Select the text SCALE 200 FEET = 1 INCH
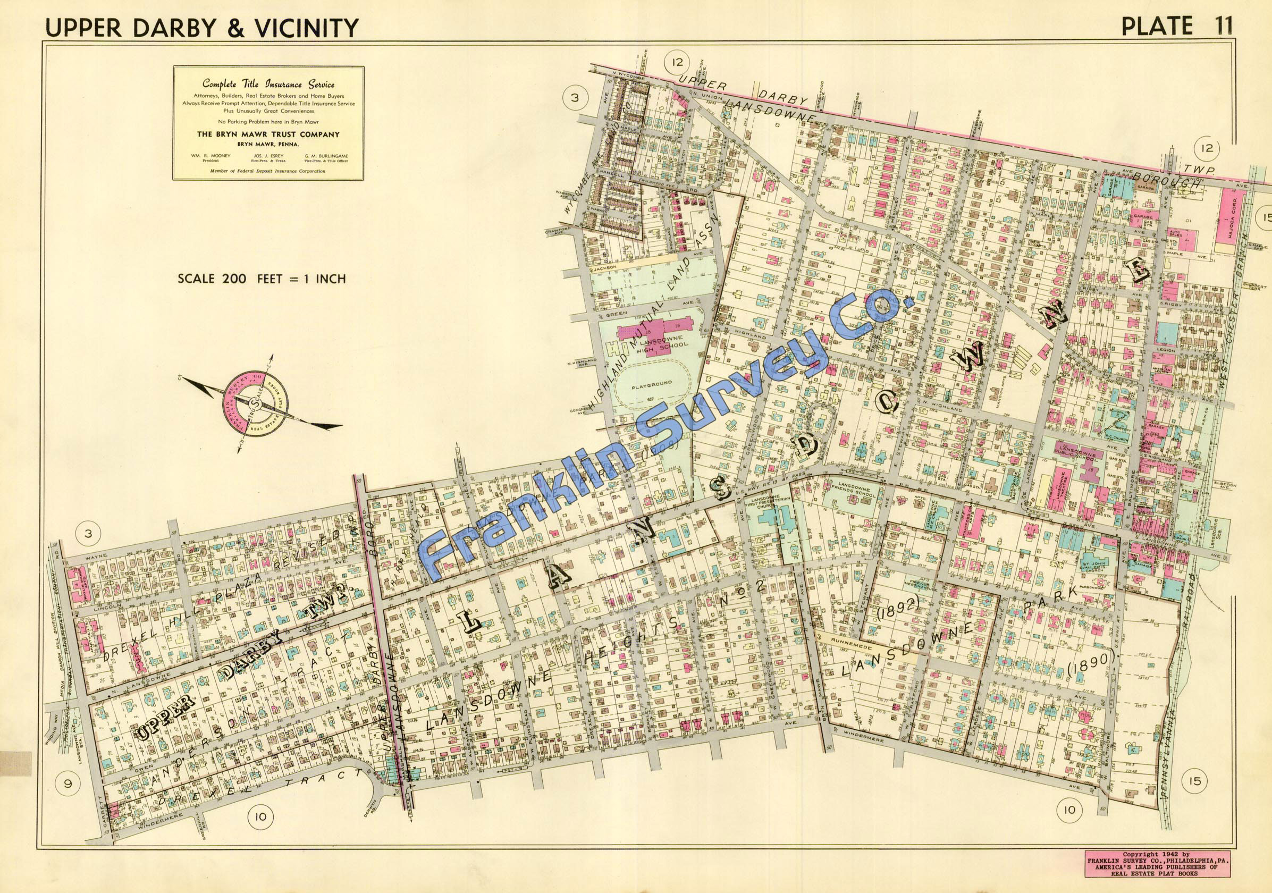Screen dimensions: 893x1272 click(262, 278)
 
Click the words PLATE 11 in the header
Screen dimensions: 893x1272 click(1175, 26)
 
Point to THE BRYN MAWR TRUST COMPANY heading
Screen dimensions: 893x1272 click(268, 134)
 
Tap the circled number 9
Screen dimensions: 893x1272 click(68, 784)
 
